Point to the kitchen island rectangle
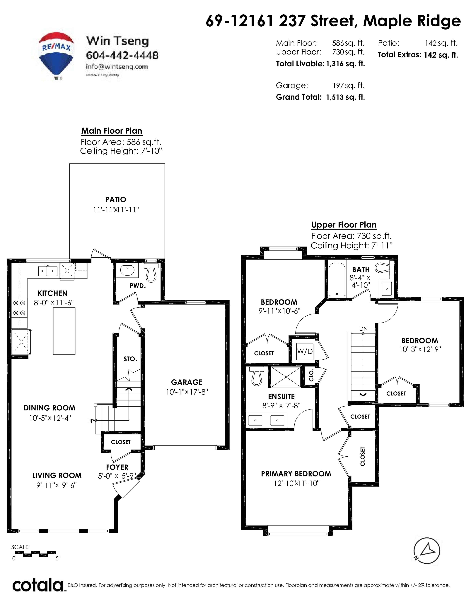pos(64,331)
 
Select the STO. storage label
pos(130,359)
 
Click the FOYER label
pos(117,467)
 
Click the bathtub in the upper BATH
pos(337,279)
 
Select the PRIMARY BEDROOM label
pos(296,474)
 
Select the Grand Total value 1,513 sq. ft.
pos(345,97)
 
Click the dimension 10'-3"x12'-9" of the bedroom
pos(420,349)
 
